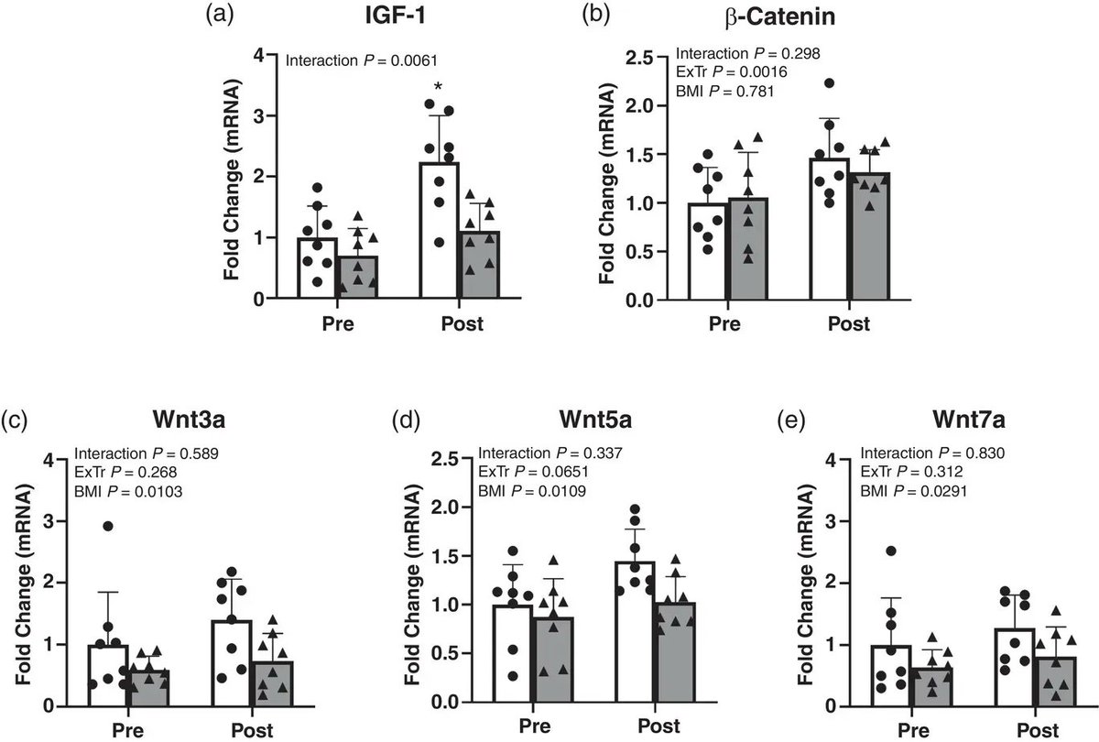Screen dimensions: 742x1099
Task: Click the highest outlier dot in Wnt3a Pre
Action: point(107,526)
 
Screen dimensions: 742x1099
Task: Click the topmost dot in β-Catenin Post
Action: point(829,83)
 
